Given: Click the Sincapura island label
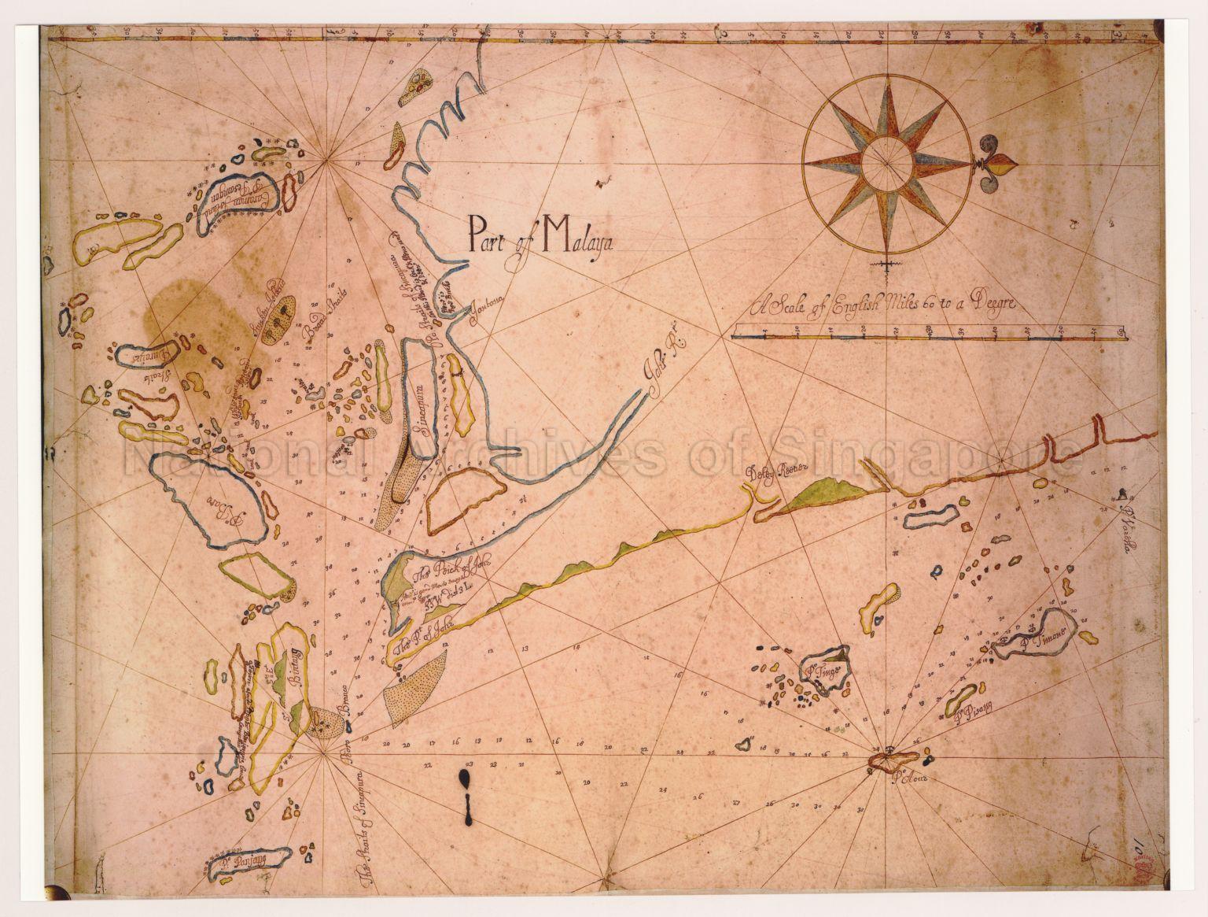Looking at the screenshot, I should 422,406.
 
